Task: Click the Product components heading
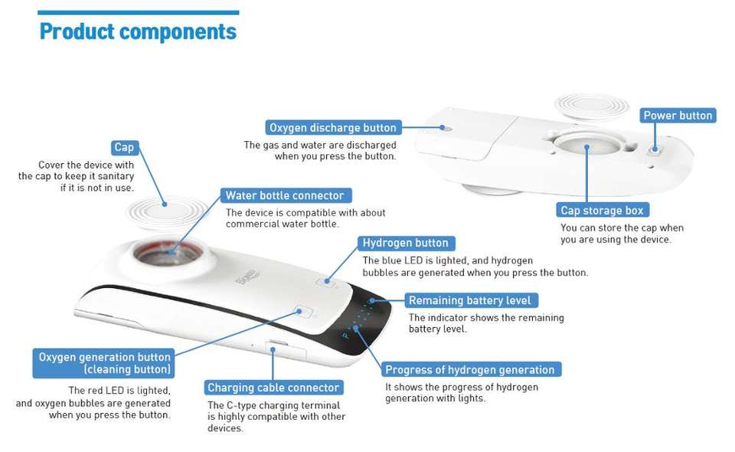pos(138,32)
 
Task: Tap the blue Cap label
pos(123,147)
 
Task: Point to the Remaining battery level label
pos(469,300)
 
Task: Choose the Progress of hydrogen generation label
pos(470,369)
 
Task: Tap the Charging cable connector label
pos(273,388)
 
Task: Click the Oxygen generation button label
pos(105,363)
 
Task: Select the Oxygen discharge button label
pos(333,127)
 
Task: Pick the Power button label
pos(678,116)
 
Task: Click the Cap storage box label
pos(602,211)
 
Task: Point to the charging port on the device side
pos(275,346)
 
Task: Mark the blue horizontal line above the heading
pos(138,12)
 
